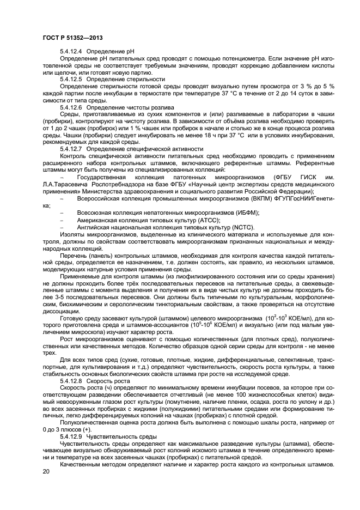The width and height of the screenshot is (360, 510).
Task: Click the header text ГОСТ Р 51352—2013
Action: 72,38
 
